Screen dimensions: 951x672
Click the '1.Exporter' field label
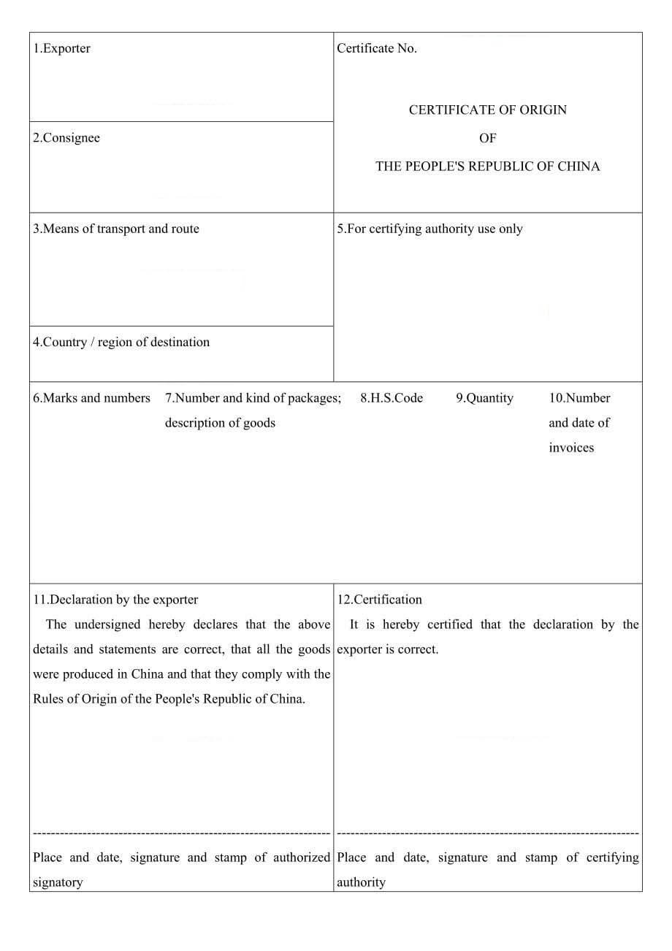pyautogui.click(x=61, y=49)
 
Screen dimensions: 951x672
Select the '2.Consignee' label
pyautogui.click(x=66, y=138)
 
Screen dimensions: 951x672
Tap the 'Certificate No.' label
pyautogui.click(x=377, y=49)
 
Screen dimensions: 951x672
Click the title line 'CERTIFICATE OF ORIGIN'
pyautogui.click(x=487, y=110)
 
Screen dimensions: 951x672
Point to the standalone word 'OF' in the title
pyautogui.click(x=487, y=138)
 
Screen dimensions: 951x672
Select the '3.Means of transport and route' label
pyautogui.click(x=115, y=229)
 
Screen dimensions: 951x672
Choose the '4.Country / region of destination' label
pyautogui.click(x=121, y=342)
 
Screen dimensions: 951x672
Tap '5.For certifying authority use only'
pyautogui.click(x=429, y=229)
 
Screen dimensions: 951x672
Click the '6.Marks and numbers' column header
pyautogui.click(x=91, y=398)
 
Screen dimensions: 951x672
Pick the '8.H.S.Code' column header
pyautogui.click(x=392, y=398)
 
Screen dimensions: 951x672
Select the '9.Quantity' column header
pyautogui.click(x=484, y=398)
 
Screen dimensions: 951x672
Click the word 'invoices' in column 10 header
pyautogui.click(x=571, y=448)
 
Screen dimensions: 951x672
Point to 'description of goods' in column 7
pyautogui.click(x=220, y=423)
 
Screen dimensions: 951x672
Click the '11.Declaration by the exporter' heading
pyautogui.click(x=115, y=600)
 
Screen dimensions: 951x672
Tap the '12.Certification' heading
pyautogui.click(x=379, y=600)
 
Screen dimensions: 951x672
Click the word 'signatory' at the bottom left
pyautogui.click(x=58, y=882)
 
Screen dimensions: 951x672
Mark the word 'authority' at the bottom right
pyautogui.click(x=361, y=882)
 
